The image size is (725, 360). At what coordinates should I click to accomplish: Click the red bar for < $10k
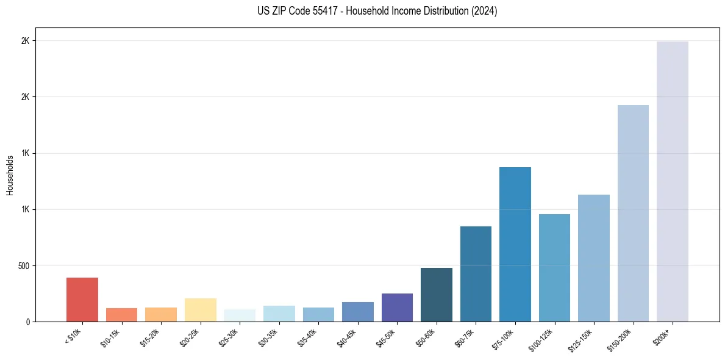[82, 300]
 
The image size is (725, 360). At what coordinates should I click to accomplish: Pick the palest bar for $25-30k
[240, 315]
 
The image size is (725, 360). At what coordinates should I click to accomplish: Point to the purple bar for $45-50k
[397, 308]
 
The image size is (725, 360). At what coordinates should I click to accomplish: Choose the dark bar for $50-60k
[437, 295]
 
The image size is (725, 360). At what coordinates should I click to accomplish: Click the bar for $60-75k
[476, 274]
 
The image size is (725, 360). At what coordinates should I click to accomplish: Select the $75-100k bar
[515, 244]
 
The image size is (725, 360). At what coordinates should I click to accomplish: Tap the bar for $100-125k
[554, 268]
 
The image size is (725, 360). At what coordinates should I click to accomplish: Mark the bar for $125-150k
[594, 258]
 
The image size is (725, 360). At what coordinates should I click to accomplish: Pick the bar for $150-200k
[633, 213]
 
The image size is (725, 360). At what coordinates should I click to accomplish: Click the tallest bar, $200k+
[673, 181]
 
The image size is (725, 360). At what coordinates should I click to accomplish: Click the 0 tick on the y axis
[27, 322]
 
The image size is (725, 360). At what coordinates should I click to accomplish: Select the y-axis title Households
[10, 175]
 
